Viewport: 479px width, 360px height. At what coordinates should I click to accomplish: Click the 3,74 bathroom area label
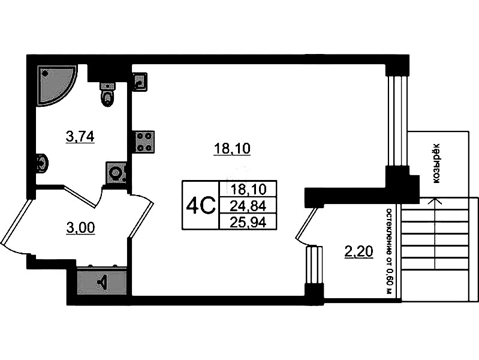coord(80,136)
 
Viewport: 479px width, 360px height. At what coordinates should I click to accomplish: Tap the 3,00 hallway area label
coord(80,228)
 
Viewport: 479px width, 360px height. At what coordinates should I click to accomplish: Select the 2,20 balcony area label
coord(359,253)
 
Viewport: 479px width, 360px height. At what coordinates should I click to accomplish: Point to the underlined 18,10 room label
coord(232,149)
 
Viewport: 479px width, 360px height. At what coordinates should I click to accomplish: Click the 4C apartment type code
coord(201,206)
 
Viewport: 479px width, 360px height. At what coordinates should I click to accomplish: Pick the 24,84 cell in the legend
coord(248,206)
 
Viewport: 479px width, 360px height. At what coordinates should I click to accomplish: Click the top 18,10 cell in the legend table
coord(248,190)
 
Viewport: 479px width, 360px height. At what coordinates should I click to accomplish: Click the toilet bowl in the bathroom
coord(107,94)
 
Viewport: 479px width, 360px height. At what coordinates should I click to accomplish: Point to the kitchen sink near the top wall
coord(140,82)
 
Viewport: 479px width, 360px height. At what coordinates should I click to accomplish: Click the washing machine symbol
coord(116,173)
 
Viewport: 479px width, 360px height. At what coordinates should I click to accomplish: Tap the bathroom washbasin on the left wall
coord(41,163)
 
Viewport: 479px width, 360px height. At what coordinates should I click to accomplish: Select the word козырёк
coord(438,164)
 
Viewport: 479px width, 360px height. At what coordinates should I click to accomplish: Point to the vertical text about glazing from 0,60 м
coord(389,251)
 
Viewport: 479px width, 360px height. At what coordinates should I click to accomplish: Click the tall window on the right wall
coord(396,121)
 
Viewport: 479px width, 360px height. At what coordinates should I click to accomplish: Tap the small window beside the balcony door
coord(314,265)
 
